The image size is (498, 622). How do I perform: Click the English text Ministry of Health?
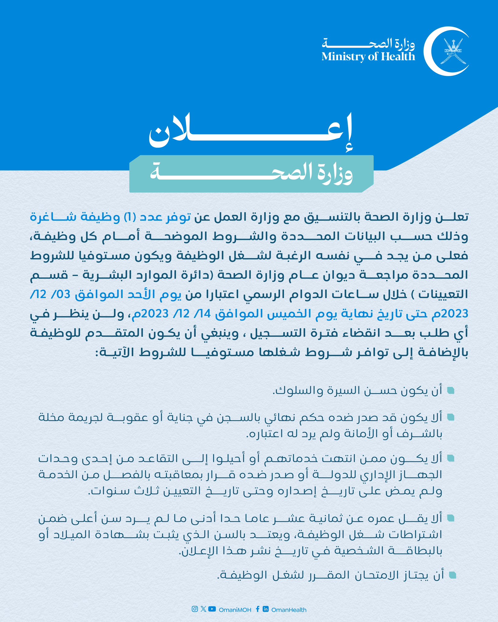368,57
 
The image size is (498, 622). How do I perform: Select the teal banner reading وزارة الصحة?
251,174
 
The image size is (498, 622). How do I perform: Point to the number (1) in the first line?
133,217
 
